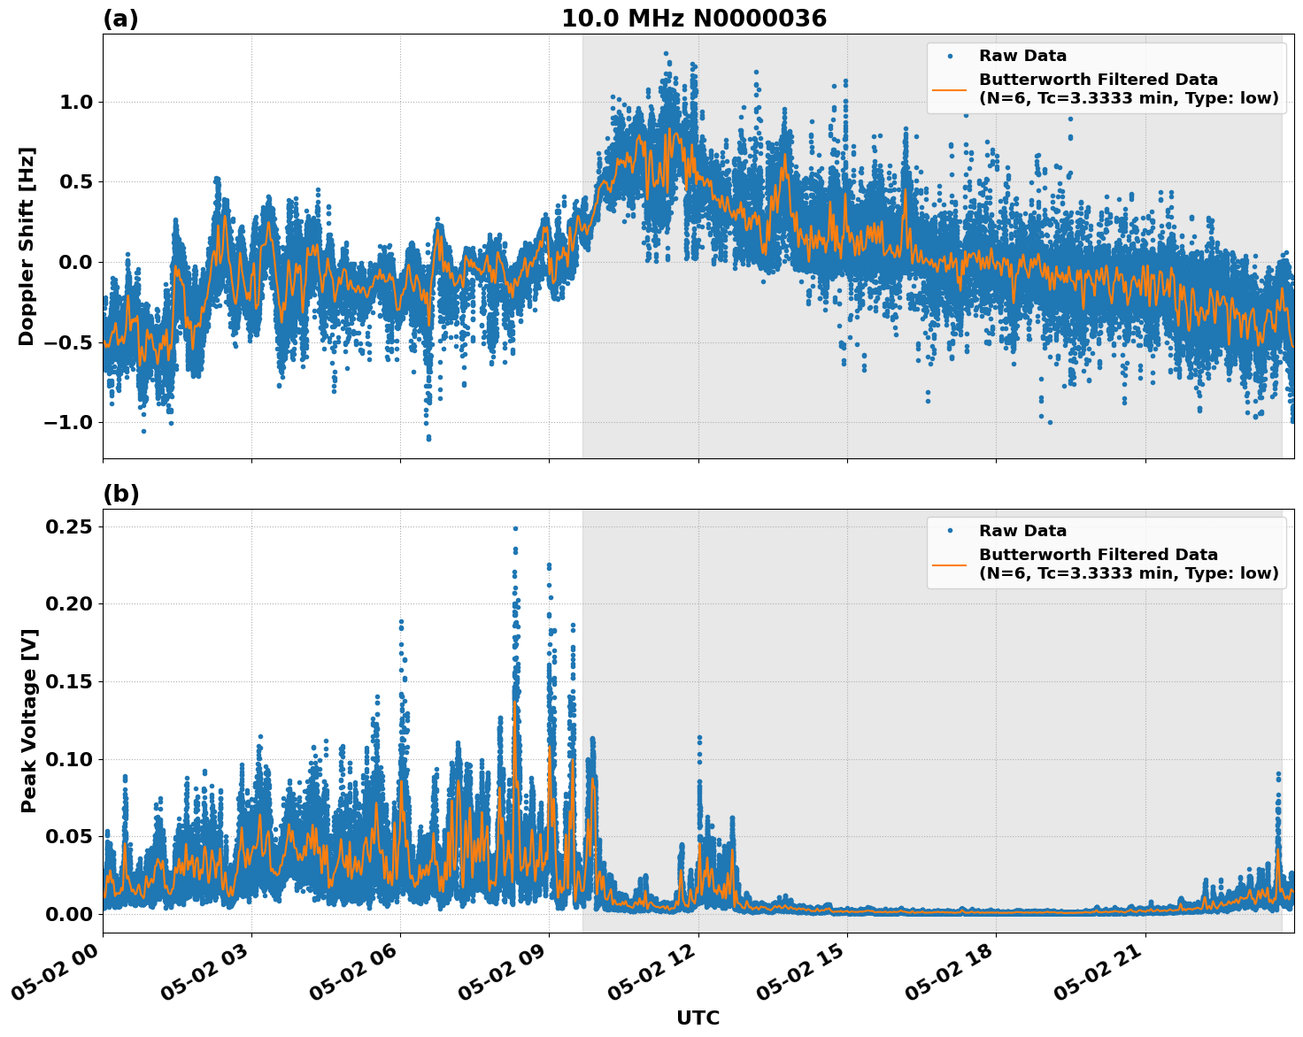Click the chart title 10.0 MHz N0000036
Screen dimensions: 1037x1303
click(x=694, y=19)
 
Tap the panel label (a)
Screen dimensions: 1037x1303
click(x=120, y=19)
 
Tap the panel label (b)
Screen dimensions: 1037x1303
click(x=120, y=494)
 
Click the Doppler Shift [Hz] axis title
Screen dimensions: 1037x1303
click(x=27, y=246)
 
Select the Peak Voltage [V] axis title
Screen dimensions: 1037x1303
click(x=29, y=721)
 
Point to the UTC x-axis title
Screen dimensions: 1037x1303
click(x=698, y=1018)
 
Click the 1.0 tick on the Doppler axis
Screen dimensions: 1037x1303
click(x=77, y=102)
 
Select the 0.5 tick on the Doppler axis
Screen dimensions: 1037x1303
click(x=77, y=182)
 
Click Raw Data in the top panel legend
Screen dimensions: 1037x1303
click(x=1022, y=56)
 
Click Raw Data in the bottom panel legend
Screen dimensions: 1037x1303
click(x=1022, y=531)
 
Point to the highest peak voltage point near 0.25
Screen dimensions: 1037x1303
click(x=515, y=528)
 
